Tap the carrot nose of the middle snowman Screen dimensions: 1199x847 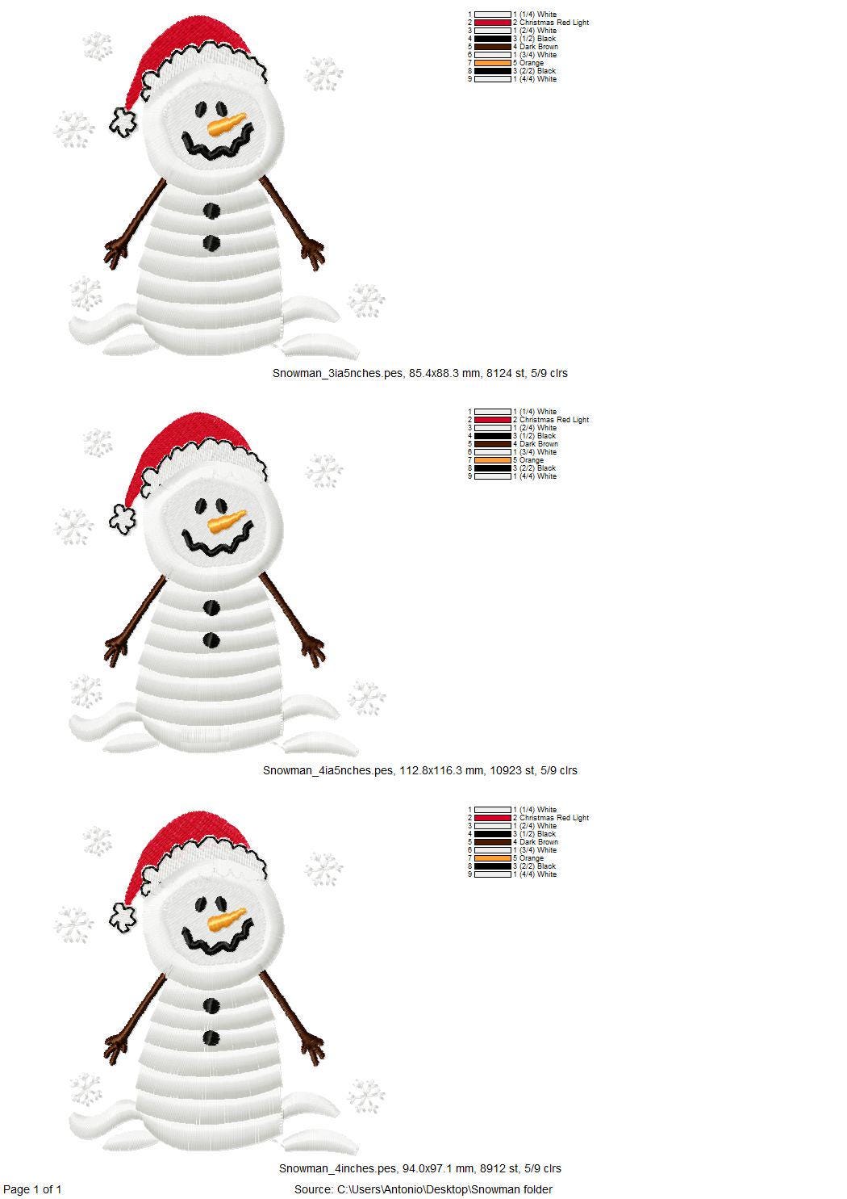point(227,522)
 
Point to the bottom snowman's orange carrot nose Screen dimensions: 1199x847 point(227,920)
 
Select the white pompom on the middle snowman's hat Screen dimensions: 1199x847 point(123,518)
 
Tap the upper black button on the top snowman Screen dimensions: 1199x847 point(211,212)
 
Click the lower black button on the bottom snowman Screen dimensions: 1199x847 point(211,1037)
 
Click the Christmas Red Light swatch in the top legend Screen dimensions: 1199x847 point(492,23)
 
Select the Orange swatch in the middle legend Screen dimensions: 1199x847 point(492,460)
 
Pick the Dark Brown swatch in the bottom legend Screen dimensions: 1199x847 point(492,842)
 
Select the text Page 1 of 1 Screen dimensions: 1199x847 point(32,1189)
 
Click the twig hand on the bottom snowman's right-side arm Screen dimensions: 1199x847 point(313,1047)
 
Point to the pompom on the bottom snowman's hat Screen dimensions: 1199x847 point(123,916)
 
